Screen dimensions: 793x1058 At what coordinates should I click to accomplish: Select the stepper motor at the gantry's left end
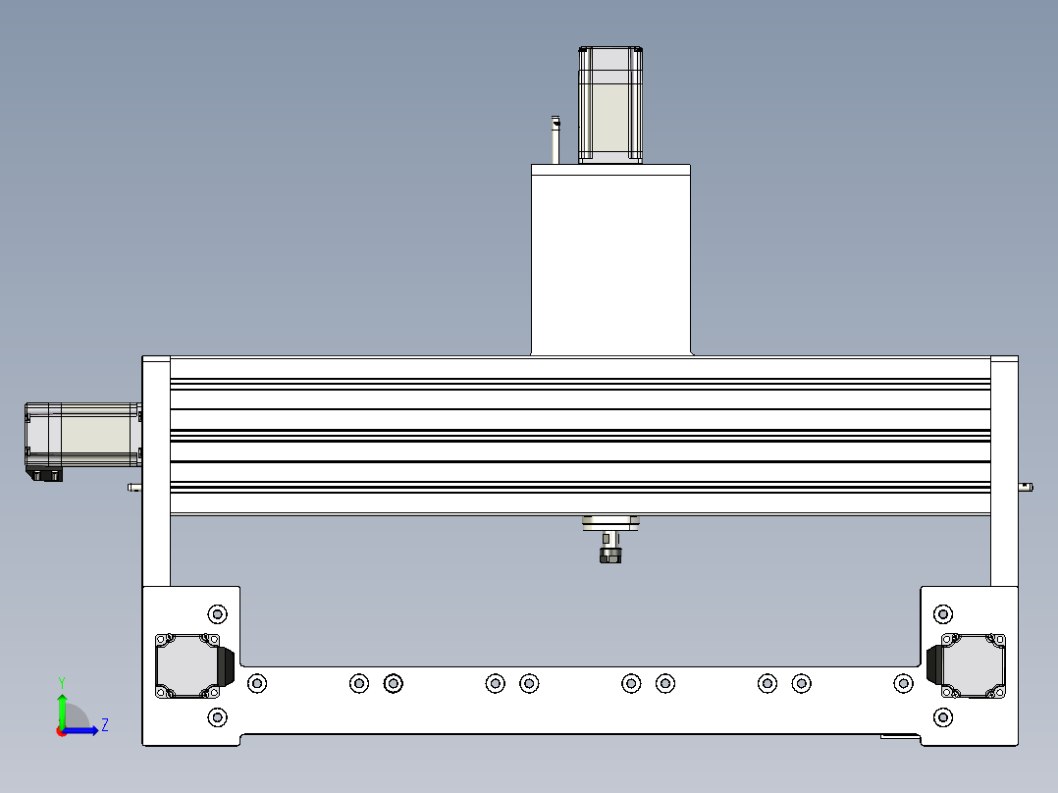(x=82, y=435)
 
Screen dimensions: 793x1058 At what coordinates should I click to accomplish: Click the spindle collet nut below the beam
(x=610, y=555)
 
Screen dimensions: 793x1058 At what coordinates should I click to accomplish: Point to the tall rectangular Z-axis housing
(x=609, y=260)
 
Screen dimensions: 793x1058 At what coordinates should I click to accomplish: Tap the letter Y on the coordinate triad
(x=61, y=680)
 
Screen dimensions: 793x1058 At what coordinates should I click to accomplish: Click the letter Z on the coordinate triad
(x=104, y=725)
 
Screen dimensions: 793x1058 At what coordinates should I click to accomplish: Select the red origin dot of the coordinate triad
(x=61, y=731)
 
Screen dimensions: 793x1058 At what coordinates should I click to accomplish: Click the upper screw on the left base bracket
(x=217, y=614)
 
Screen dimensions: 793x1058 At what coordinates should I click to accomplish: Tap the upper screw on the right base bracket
(x=943, y=614)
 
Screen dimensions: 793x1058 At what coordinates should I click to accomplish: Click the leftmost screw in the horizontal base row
(x=257, y=682)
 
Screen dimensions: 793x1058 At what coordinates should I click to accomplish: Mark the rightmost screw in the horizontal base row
(x=903, y=682)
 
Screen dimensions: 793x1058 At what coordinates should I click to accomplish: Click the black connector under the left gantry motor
(x=45, y=475)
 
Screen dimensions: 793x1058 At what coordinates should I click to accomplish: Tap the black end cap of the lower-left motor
(x=227, y=665)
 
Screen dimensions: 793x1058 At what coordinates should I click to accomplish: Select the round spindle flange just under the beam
(x=610, y=524)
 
